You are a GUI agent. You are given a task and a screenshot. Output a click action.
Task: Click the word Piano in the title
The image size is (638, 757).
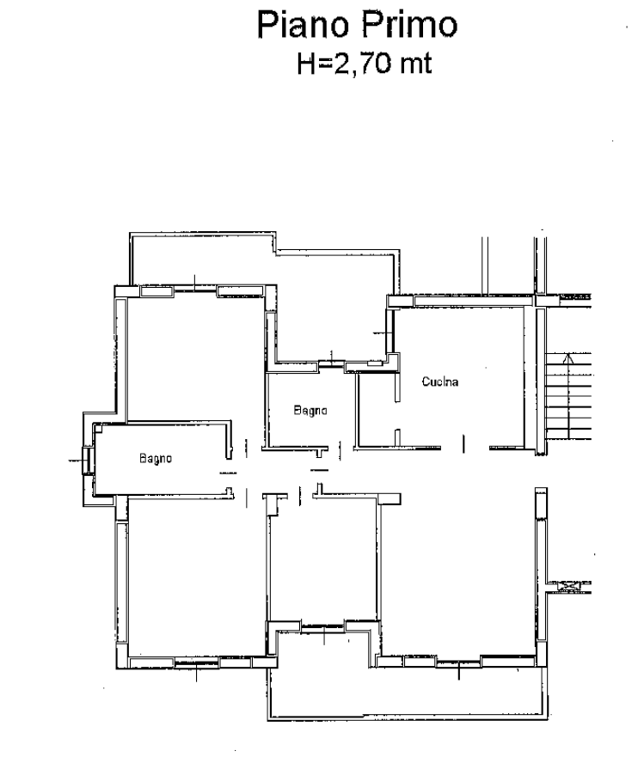pos(303,26)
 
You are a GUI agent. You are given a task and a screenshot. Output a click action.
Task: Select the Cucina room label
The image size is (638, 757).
pos(440,382)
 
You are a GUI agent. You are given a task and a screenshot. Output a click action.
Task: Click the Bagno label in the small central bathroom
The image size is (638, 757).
pos(310,411)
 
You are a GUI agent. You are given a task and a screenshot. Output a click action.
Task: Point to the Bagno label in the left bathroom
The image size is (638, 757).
pos(156,458)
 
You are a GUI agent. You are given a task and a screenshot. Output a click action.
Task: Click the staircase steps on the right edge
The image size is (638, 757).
pos(568,396)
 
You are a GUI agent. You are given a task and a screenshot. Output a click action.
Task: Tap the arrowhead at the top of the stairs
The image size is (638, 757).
pos(568,357)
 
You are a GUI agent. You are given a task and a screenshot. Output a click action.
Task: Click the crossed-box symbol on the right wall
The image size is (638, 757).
pos(569,587)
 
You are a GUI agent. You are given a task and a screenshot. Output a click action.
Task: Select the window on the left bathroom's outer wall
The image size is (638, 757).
pos(87,461)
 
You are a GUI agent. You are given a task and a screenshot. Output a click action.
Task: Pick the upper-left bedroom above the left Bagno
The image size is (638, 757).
pos(195,357)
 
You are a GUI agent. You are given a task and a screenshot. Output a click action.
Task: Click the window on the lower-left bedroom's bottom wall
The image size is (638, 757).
pos(197,663)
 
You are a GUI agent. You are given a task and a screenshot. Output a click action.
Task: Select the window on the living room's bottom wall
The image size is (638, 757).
pos(459,662)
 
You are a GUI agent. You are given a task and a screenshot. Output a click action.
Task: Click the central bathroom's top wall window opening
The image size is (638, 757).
pos(331,364)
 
